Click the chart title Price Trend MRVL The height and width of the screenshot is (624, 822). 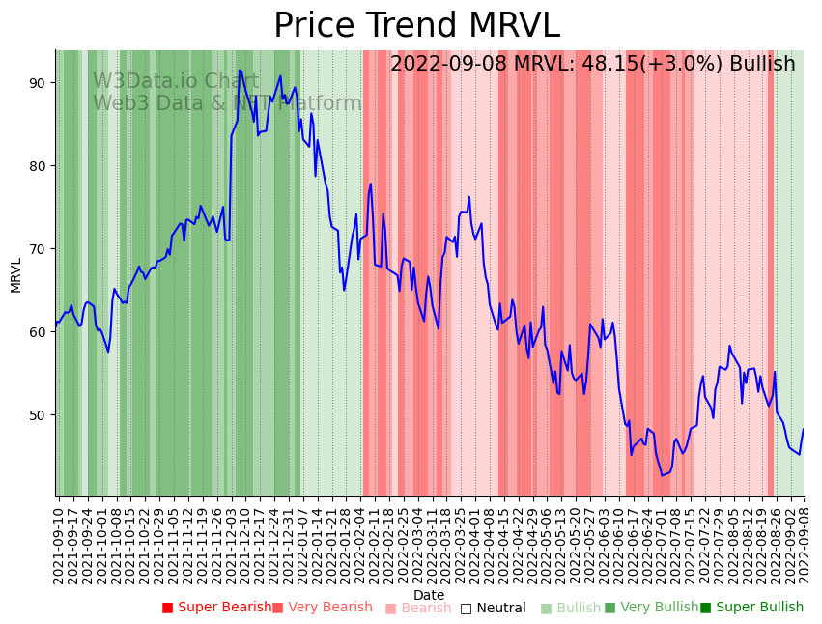(x=416, y=26)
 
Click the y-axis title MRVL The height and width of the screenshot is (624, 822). (x=16, y=274)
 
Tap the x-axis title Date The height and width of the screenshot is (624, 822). (x=429, y=596)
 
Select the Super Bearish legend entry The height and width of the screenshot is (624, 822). (x=216, y=608)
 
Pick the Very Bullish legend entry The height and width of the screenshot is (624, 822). (x=651, y=608)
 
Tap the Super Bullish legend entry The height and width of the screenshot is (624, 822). (x=751, y=608)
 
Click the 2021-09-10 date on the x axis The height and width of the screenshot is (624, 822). (x=58, y=545)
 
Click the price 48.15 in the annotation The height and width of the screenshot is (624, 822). (x=609, y=65)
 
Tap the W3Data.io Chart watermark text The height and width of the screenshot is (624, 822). (x=176, y=82)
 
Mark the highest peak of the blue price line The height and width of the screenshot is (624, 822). (x=240, y=70)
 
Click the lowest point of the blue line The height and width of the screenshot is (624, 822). (x=663, y=475)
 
